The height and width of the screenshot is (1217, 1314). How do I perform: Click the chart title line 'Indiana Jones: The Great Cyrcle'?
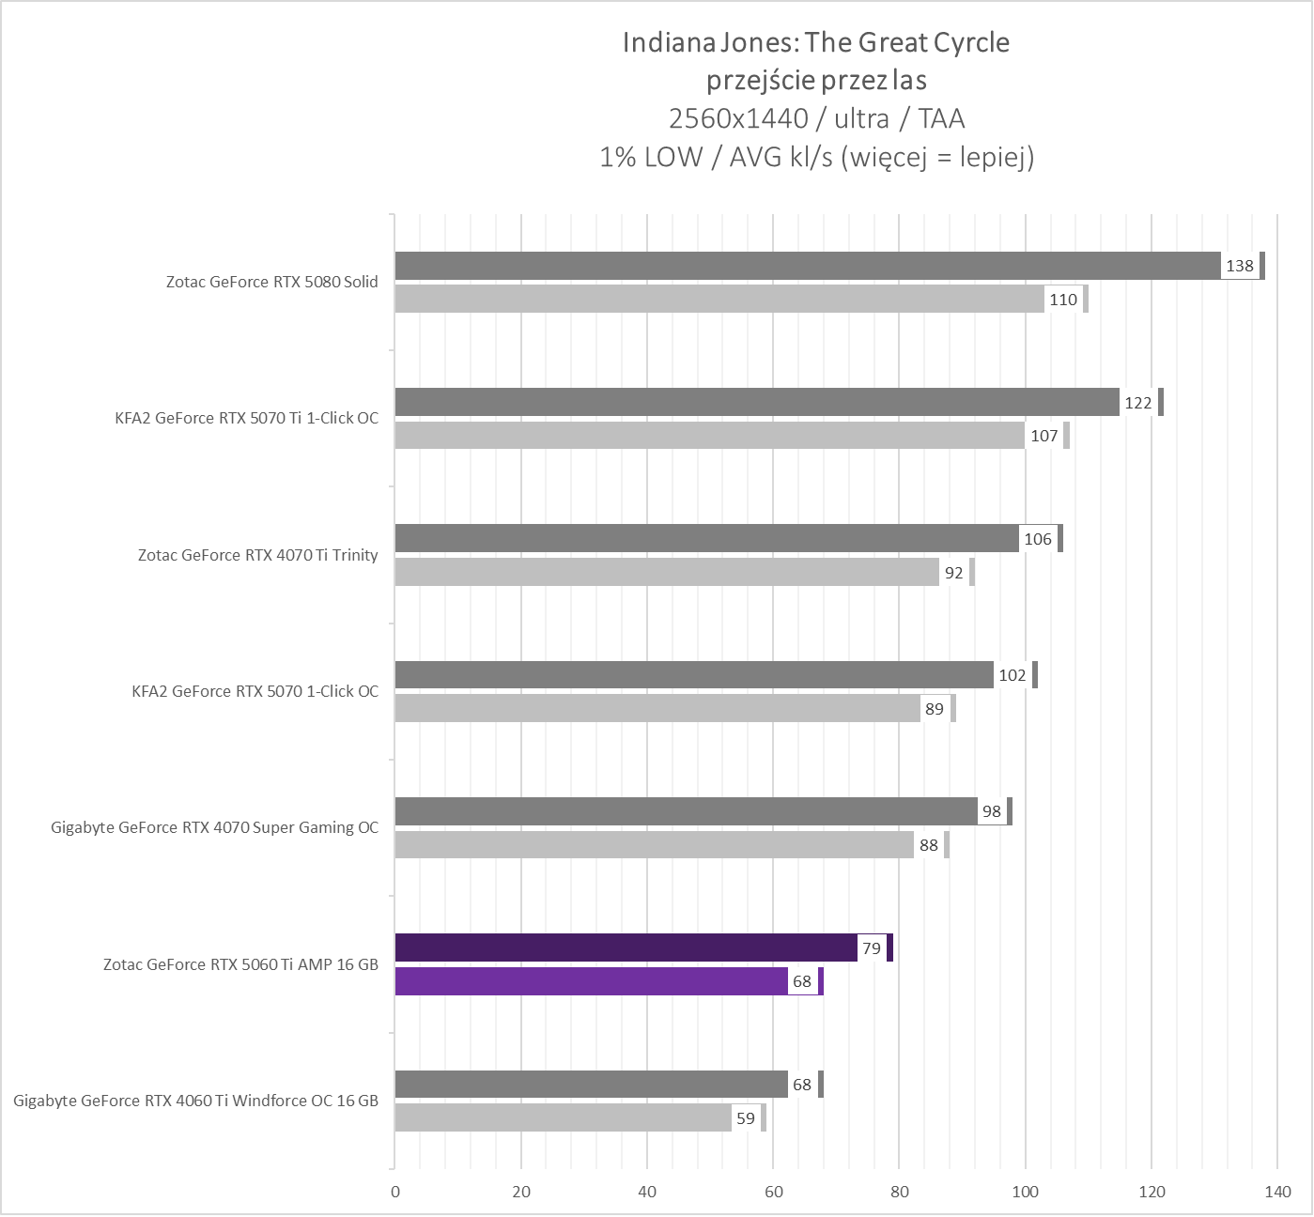tap(815, 42)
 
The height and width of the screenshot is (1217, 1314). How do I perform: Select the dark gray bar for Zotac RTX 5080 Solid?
tap(808, 266)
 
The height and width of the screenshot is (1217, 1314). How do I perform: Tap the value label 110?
tap(1063, 300)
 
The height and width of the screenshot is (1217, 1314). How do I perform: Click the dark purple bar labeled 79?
tap(626, 947)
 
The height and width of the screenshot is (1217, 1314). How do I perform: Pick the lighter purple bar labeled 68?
tap(592, 981)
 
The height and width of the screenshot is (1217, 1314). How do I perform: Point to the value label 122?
tap(1137, 403)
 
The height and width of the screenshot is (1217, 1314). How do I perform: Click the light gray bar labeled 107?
tap(709, 436)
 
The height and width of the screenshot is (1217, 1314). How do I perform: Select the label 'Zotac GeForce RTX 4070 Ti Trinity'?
tap(257, 555)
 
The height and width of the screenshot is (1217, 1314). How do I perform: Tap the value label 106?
tap(1038, 539)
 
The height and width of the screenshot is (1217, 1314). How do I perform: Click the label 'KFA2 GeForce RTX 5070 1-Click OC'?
tap(255, 691)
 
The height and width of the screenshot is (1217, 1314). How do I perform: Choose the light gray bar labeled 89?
tap(657, 709)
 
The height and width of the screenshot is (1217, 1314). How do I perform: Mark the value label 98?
tap(992, 811)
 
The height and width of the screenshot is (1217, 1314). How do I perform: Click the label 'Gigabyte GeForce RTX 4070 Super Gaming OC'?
tap(214, 827)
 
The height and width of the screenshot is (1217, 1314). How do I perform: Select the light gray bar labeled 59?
tap(564, 1117)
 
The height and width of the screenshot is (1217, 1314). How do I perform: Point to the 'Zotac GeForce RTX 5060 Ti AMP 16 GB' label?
tap(240, 964)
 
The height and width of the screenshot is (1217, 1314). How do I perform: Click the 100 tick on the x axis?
tap(1025, 1192)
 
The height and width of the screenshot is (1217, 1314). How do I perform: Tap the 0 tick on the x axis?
tap(395, 1192)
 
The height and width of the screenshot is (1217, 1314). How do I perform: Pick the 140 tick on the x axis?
tap(1277, 1192)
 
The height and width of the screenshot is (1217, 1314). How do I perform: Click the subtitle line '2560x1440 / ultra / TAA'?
tap(815, 118)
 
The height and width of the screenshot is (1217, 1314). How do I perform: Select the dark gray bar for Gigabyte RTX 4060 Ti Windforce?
tap(592, 1085)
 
